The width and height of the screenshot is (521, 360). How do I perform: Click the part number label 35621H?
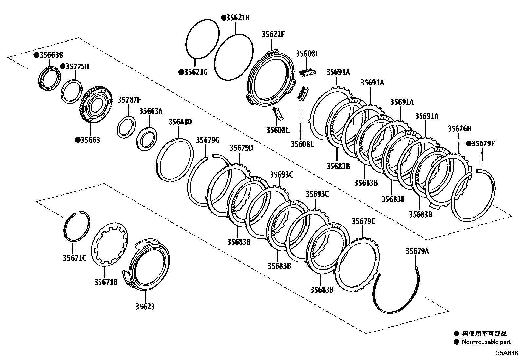[238, 18]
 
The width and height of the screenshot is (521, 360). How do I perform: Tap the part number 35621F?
[273, 34]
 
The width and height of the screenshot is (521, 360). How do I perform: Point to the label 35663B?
[51, 55]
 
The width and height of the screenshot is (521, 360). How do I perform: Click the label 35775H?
[77, 66]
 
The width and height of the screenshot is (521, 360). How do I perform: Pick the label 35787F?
[129, 99]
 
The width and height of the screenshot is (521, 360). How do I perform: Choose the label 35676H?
[459, 129]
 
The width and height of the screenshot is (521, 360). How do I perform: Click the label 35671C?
[75, 258]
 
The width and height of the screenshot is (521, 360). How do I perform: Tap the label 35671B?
[106, 282]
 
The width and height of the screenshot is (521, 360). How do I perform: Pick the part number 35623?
[145, 307]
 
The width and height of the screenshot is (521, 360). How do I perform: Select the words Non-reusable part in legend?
[486, 342]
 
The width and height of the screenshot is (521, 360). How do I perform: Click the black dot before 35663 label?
[78, 140]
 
